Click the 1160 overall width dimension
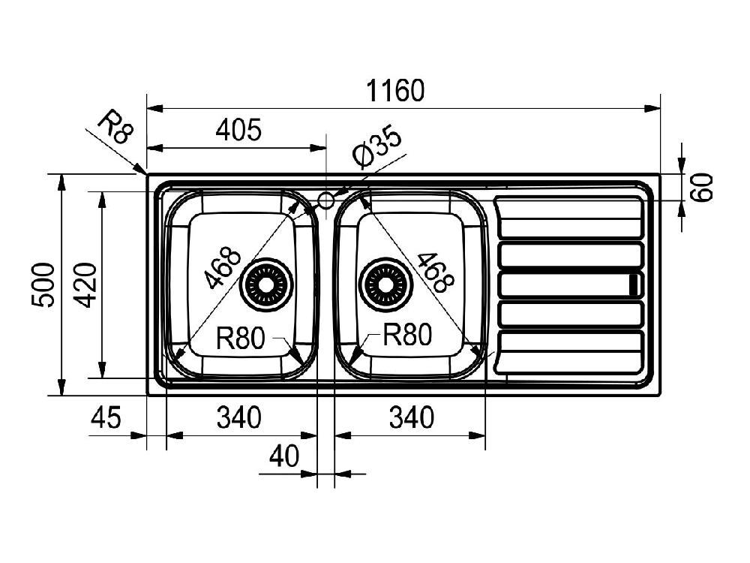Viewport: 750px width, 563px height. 396,91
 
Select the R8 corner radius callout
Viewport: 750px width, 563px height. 117,127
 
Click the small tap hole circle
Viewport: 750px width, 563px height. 326,200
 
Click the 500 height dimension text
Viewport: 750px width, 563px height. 43,285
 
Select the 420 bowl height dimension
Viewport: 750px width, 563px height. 85,285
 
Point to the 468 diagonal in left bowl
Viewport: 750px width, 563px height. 222,267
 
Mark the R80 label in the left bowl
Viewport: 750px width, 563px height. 241,339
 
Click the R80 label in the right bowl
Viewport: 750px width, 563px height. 408,335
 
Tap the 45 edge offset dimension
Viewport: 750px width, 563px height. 105,417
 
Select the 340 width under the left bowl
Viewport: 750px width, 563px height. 238,417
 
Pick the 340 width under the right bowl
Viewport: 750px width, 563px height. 410,417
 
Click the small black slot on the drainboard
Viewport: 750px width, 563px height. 634,285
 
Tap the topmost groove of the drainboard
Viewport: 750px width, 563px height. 570,208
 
